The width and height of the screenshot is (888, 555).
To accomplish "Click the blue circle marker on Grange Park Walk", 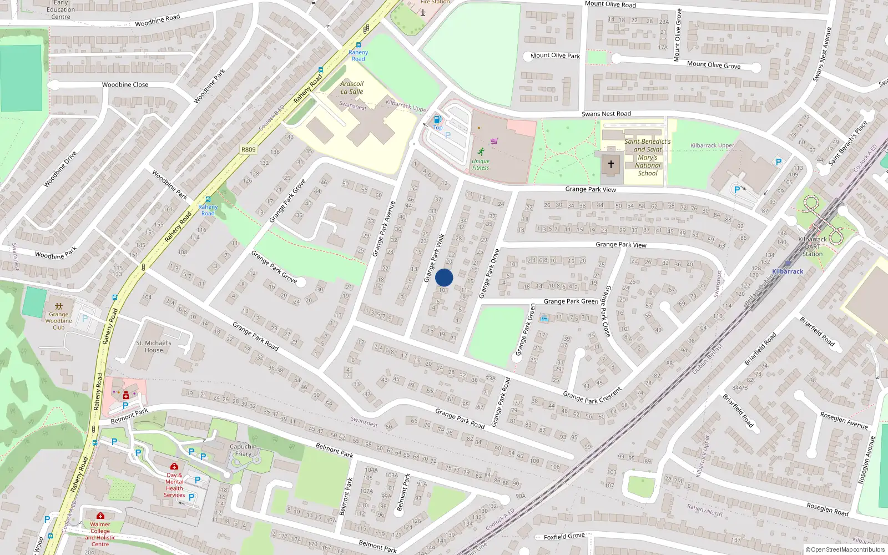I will click(444, 277).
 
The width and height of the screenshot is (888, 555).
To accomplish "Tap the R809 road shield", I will click(249, 149).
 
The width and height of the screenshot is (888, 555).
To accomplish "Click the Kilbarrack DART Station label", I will click(813, 246).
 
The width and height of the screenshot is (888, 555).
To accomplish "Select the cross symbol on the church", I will click(611, 164).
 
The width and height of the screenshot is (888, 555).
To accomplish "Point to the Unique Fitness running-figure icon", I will click(481, 152).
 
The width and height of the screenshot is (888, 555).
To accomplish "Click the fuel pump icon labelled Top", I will click(438, 119).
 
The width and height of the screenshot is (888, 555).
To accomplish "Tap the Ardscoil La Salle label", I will click(352, 88).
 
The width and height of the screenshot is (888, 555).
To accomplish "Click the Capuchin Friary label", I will click(243, 450).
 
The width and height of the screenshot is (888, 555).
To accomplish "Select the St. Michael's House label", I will click(154, 346).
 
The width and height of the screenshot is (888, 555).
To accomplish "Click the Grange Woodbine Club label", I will click(59, 321).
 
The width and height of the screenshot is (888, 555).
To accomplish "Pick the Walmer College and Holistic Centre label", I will click(100, 534).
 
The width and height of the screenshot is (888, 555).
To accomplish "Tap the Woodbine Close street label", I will click(125, 85).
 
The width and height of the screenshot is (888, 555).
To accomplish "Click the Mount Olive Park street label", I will click(555, 56).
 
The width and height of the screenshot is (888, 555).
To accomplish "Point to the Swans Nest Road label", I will click(606, 114).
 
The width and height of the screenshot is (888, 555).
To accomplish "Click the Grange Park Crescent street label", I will click(592, 395).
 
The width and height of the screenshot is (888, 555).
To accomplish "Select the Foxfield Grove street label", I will click(564, 536).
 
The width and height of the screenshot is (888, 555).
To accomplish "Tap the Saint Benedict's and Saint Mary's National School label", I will click(648, 157).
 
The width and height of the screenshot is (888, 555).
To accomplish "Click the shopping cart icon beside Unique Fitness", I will click(494, 141).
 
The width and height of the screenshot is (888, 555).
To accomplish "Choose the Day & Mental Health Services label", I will click(174, 485).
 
